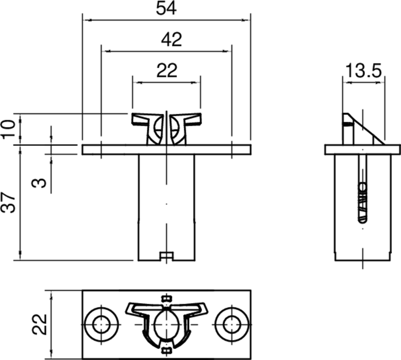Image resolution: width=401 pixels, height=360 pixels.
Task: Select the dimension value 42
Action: tap(171, 40)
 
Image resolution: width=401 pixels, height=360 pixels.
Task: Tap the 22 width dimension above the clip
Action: tap(166, 71)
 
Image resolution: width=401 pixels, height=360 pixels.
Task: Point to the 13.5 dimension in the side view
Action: tap(362, 71)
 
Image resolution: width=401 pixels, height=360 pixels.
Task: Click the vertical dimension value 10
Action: tap(9, 129)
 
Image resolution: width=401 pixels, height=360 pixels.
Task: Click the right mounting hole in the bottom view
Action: tap(231, 324)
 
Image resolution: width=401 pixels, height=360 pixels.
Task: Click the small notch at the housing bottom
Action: tap(166, 256)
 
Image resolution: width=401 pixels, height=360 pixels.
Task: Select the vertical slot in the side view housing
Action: tap(362, 191)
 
